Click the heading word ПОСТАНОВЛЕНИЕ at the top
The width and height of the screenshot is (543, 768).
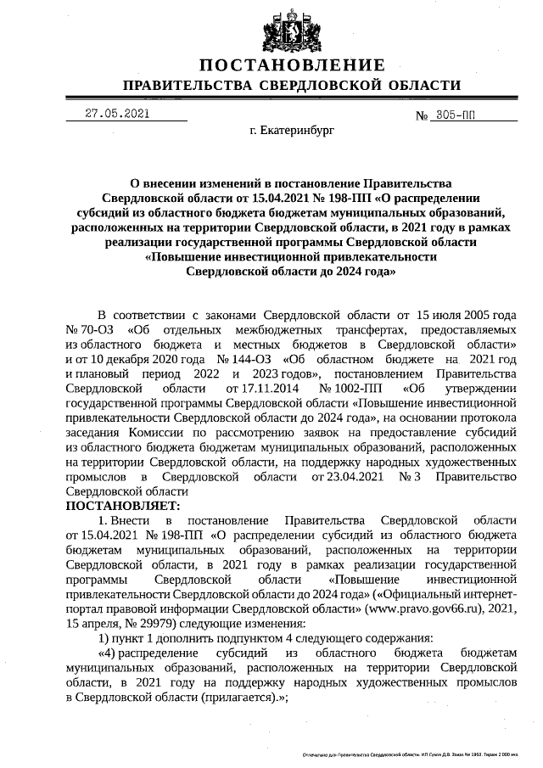292,65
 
